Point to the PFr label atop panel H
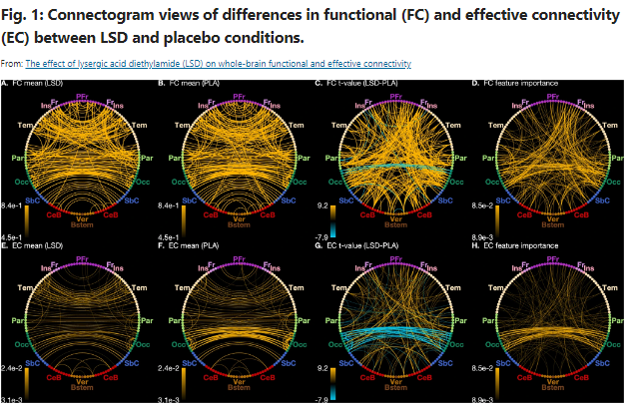[552, 255]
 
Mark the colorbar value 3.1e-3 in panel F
[171, 399]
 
